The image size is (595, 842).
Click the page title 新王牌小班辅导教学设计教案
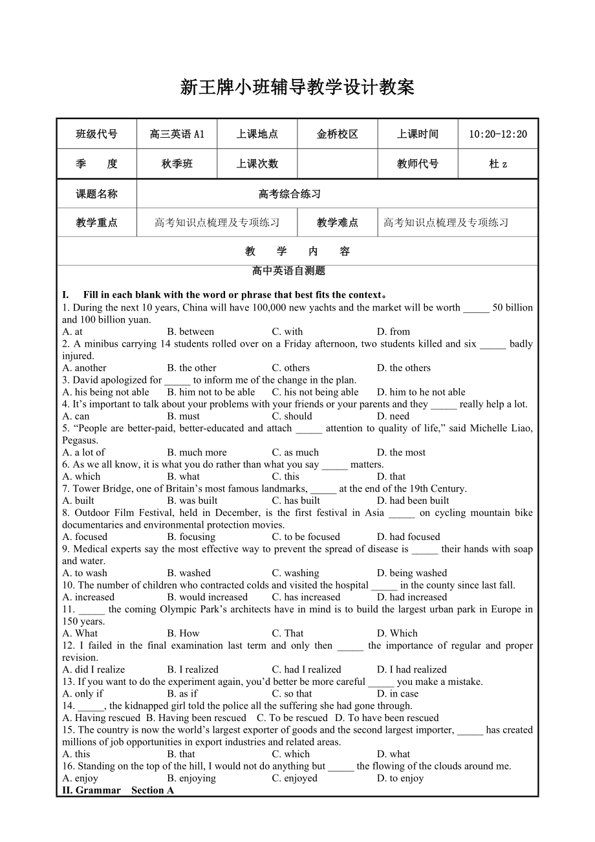click(x=297, y=87)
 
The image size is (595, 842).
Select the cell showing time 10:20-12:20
click(x=497, y=135)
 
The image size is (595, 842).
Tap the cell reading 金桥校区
click(x=337, y=135)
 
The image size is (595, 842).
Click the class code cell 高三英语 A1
click(x=177, y=135)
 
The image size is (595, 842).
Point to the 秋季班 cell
click(x=177, y=164)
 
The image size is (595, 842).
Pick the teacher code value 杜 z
click(x=497, y=164)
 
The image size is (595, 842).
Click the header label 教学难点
click(x=337, y=222)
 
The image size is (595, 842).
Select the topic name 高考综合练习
click(x=289, y=194)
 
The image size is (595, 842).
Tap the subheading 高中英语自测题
click(x=288, y=271)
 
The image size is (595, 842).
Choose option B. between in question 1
click(x=190, y=332)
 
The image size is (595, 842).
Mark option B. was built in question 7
click(x=192, y=501)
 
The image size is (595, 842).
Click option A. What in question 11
click(x=80, y=633)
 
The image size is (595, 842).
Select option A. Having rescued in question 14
click(x=101, y=718)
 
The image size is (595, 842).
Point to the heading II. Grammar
click(x=91, y=790)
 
